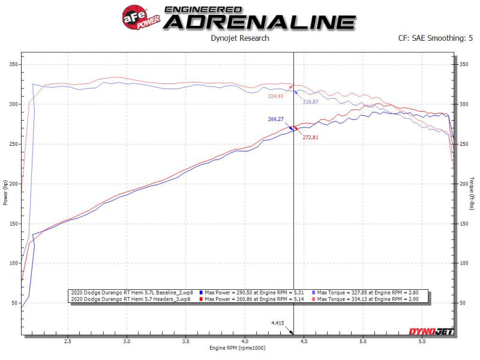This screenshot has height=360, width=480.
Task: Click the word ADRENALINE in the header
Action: coord(260,22)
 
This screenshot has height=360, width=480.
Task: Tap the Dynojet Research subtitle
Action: coord(239,38)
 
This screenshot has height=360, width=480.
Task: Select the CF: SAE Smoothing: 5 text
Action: coord(436,38)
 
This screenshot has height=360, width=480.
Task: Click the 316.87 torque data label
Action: coord(310,102)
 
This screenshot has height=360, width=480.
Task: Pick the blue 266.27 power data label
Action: coord(275,119)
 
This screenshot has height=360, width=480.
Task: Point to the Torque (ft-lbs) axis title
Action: coord(472,193)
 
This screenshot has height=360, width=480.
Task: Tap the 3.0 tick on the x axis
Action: coord(127,340)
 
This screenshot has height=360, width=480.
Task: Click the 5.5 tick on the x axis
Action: coord(422,340)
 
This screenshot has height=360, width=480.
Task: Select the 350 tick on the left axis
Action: coord(14,64)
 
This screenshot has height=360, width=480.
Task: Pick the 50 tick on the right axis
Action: coord(463,303)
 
